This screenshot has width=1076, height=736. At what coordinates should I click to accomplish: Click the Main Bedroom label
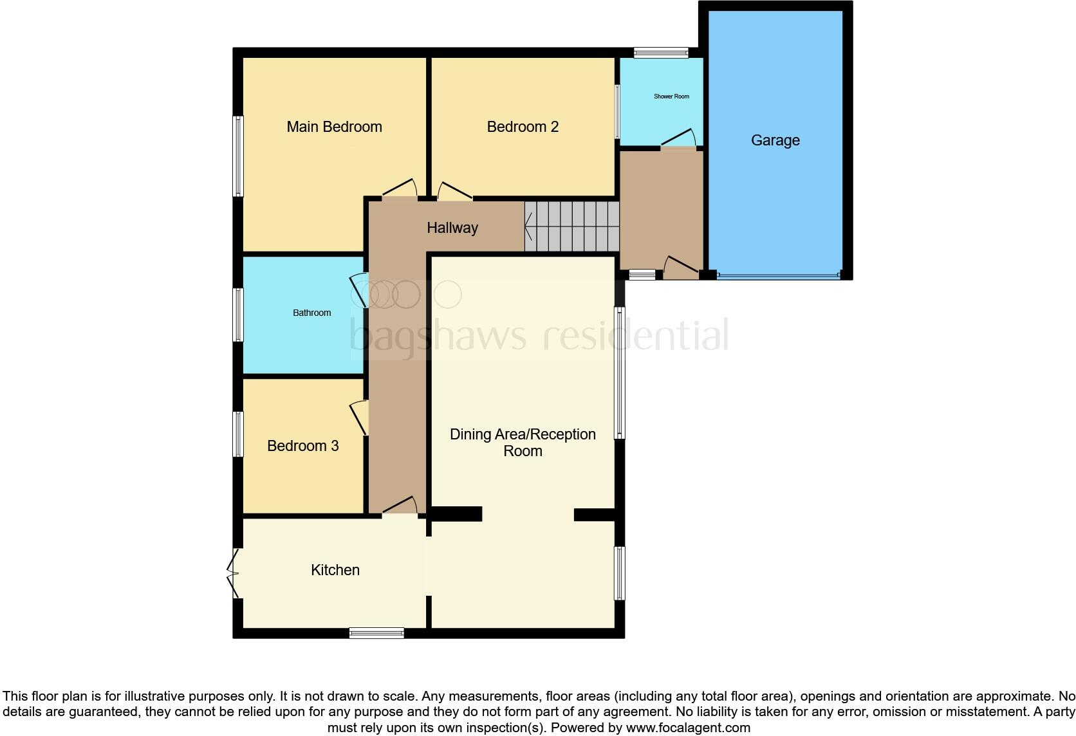[x=334, y=127]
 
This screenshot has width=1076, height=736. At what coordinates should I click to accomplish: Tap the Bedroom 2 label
[x=523, y=127]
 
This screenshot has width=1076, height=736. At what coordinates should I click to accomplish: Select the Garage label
[x=775, y=140]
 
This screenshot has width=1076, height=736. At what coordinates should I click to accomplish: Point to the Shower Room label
[x=671, y=97]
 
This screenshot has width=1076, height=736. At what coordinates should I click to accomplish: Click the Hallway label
[x=452, y=228]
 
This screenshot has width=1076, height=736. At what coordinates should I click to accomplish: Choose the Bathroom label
[x=311, y=313]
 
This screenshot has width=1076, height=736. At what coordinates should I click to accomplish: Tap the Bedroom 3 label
[x=302, y=446]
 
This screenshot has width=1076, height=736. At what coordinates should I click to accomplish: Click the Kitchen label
[x=335, y=570]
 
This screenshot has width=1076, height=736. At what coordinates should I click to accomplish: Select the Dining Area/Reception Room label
[x=523, y=443]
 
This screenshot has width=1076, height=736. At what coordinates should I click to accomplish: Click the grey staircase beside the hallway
[x=571, y=226]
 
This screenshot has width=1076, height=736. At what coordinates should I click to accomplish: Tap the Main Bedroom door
[x=400, y=190]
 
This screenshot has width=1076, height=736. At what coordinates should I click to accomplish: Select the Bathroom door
[x=359, y=292]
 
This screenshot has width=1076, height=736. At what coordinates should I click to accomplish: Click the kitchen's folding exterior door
[x=233, y=573]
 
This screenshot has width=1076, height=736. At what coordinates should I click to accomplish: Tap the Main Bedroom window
[x=238, y=156]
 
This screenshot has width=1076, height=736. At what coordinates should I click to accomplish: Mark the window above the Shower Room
[x=661, y=53]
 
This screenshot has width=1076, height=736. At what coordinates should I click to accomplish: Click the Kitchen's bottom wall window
[x=376, y=633]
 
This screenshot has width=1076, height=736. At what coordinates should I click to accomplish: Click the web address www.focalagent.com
[x=688, y=728]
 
